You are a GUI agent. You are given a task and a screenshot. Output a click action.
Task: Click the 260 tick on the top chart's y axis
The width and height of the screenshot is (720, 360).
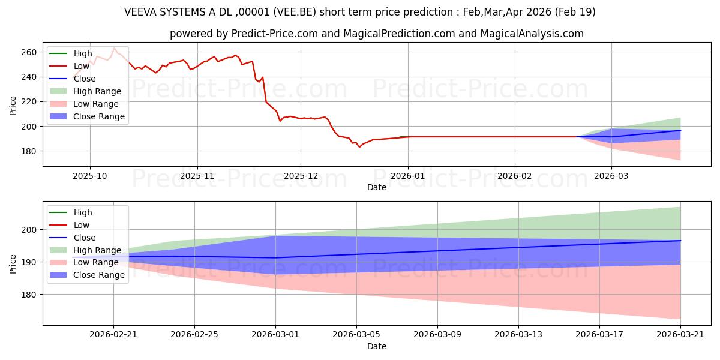(x=29, y=52)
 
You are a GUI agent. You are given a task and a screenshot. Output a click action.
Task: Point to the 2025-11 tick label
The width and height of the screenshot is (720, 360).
(x=197, y=176)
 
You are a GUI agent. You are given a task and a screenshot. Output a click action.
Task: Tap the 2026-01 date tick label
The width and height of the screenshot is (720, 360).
(x=408, y=176)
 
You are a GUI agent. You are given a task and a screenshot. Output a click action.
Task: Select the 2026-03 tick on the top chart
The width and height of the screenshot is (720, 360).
(x=611, y=176)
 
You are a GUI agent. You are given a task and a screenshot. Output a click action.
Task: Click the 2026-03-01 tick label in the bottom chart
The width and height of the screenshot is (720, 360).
(x=275, y=334)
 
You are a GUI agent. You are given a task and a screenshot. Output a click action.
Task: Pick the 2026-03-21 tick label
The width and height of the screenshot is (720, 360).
(x=680, y=334)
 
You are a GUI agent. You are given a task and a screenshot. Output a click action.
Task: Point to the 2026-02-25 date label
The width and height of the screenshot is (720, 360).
(x=194, y=334)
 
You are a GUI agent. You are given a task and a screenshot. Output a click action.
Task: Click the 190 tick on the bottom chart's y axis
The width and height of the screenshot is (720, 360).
(x=29, y=262)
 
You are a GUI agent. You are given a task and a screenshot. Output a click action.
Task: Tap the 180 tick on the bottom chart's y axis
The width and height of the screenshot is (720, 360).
(x=29, y=295)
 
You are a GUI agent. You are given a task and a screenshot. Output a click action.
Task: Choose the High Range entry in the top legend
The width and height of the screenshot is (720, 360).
(x=85, y=91)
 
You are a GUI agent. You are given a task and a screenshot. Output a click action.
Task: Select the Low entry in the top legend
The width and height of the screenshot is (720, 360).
(x=69, y=66)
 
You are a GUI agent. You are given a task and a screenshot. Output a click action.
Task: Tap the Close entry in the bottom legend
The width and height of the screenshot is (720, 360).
(x=73, y=238)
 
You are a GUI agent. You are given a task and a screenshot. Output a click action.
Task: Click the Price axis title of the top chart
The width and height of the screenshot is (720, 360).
(x=13, y=106)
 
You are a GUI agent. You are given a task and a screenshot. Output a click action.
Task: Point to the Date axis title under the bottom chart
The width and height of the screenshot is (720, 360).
(x=377, y=346)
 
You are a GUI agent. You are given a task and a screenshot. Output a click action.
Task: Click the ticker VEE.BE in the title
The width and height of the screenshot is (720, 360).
(x=295, y=12)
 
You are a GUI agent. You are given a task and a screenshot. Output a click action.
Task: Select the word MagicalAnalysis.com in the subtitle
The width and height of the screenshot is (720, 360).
(x=532, y=34)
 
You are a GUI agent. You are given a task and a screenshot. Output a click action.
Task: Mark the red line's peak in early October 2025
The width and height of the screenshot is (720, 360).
(x=114, y=48)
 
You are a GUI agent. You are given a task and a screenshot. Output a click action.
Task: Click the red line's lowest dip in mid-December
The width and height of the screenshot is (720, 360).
(x=359, y=147)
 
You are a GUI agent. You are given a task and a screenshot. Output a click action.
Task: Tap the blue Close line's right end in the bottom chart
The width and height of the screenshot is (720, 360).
(x=680, y=241)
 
